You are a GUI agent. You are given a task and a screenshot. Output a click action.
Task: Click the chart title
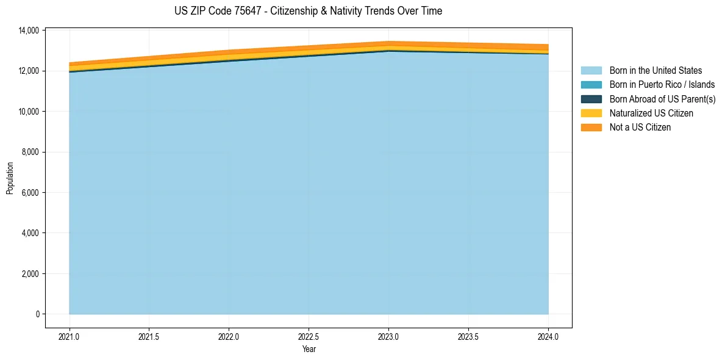(308, 11)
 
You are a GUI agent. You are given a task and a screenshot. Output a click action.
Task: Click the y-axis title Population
(10, 178)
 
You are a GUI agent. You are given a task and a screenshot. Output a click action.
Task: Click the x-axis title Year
(309, 350)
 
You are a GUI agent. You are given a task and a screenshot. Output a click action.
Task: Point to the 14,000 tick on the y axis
(29, 31)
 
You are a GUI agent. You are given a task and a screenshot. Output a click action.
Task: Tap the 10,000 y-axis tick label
(29, 112)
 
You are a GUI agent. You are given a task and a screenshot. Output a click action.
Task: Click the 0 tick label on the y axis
(37, 314)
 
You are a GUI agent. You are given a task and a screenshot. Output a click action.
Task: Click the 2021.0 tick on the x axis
(70, 336)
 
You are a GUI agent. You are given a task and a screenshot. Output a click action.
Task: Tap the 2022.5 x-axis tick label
(309, 336)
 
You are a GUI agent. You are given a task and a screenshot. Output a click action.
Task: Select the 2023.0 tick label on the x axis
(388, 336)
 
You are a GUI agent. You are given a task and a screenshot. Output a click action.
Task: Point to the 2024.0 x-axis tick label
(548, 336)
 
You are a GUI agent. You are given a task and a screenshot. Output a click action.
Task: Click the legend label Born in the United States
(655, 71)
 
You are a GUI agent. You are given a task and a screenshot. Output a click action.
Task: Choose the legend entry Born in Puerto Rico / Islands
(662, 85)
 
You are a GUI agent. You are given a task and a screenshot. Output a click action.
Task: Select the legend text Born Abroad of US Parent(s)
(662, 99)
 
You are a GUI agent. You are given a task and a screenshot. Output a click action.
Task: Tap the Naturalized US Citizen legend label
(651, 113)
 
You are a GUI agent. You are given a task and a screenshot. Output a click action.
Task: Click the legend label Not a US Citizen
(640, 128)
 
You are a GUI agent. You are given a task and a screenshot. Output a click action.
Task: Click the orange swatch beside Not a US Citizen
(591, 128)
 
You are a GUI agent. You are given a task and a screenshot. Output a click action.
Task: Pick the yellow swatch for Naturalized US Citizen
(591, 113)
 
